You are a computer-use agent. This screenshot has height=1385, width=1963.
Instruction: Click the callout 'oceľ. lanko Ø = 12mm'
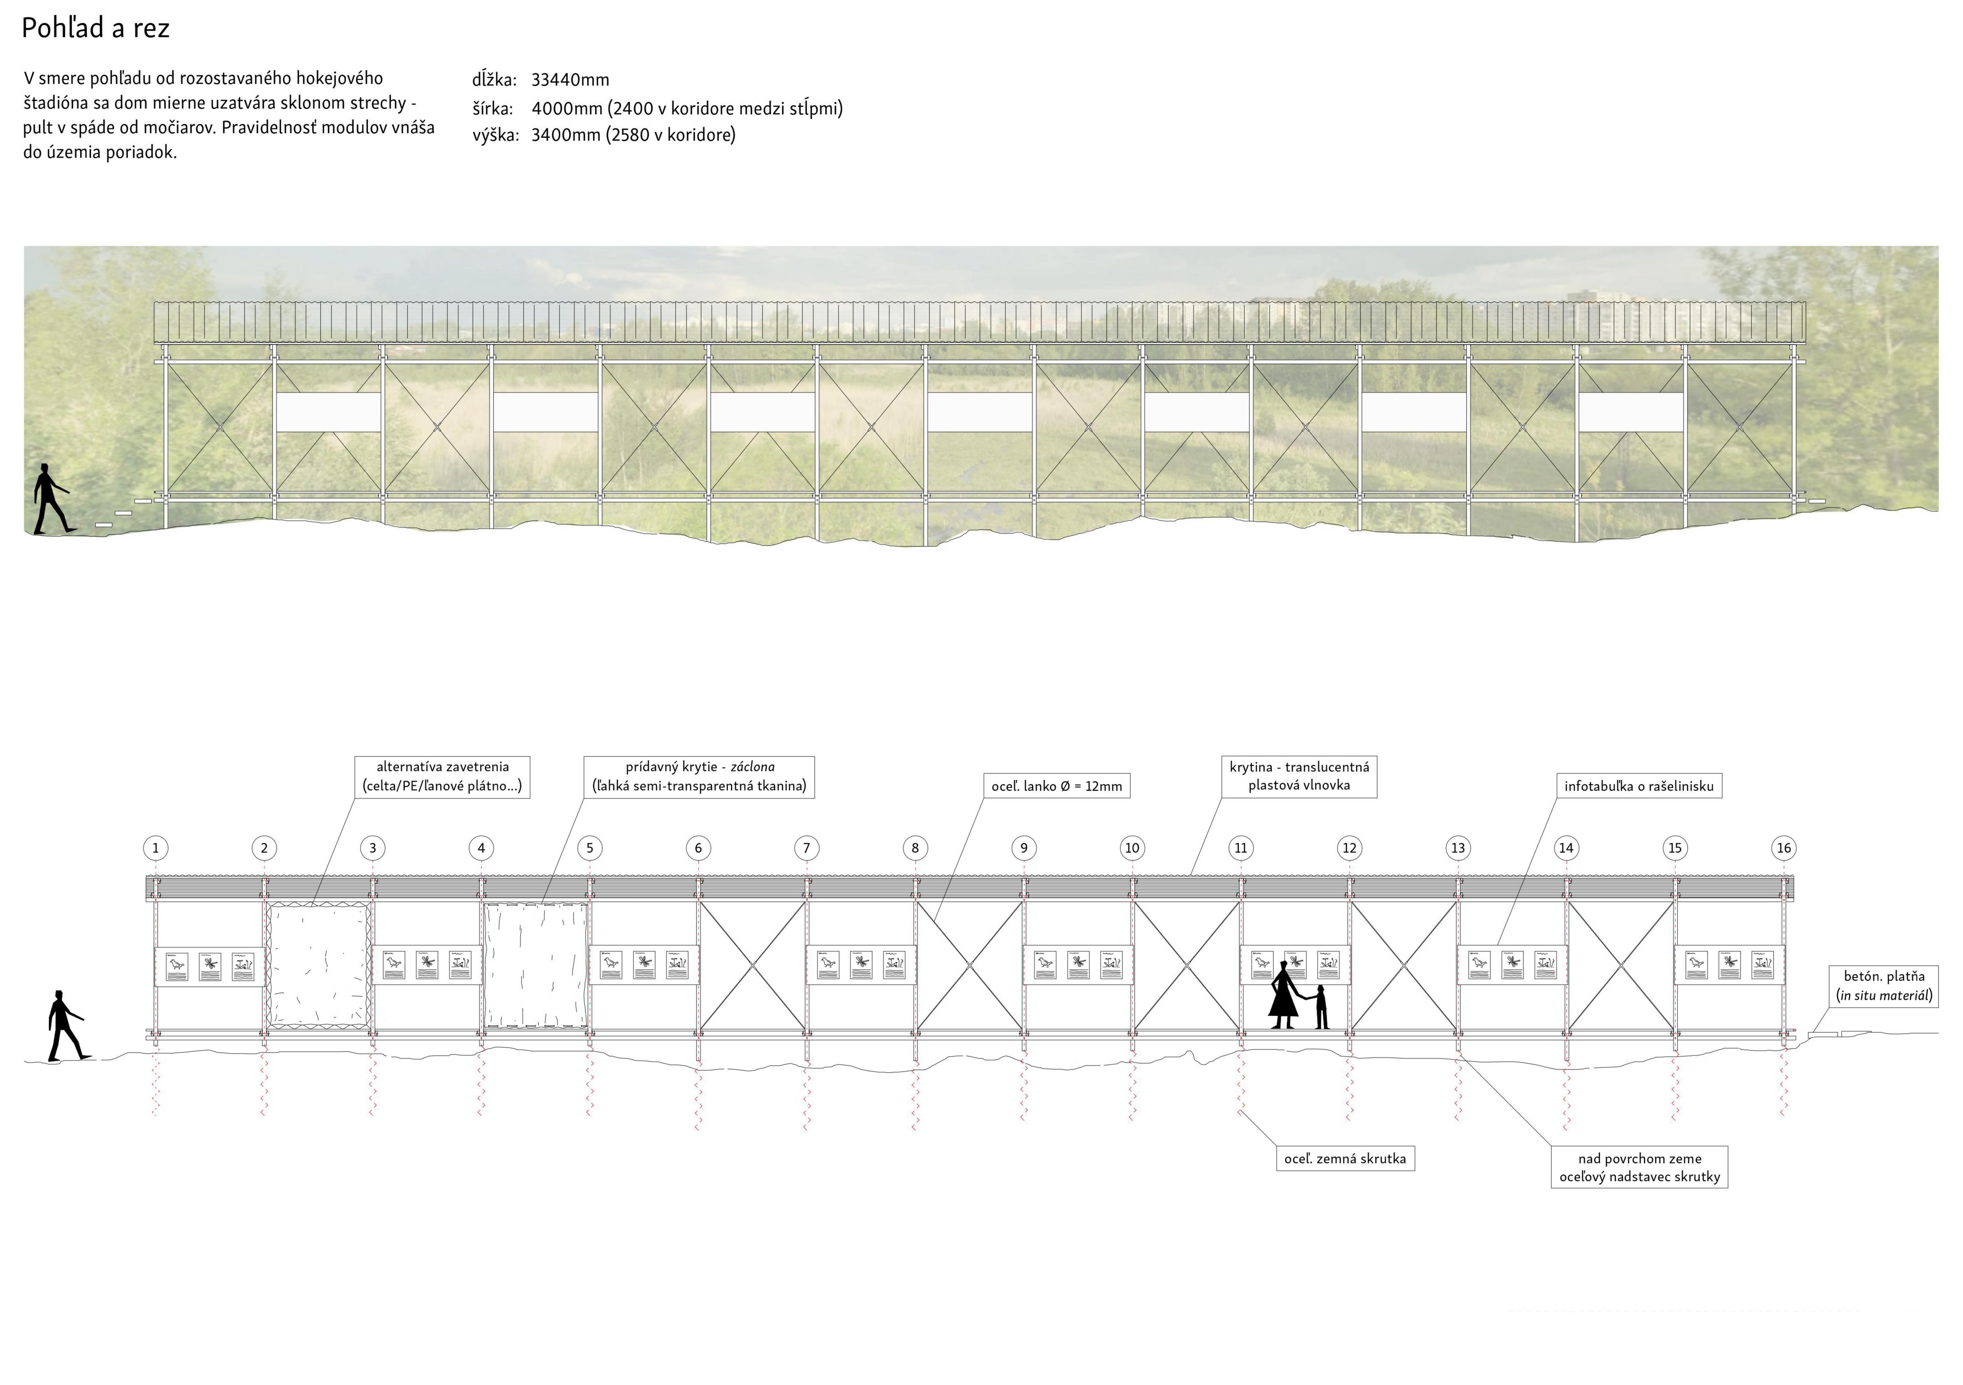coord(1057,786)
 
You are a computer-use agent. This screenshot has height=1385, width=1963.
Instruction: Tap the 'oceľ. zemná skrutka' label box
coord(1345,1158)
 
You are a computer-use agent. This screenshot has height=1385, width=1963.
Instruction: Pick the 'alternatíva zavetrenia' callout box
coord(442,776)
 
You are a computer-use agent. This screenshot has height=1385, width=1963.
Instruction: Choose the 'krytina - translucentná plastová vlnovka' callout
coord(1299,776)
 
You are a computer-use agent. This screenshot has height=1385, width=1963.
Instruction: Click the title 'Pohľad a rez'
coord(96,28)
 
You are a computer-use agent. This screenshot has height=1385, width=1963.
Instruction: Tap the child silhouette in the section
coord(1322,1007)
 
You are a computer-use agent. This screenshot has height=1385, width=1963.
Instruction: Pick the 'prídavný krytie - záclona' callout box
coord(699,776)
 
